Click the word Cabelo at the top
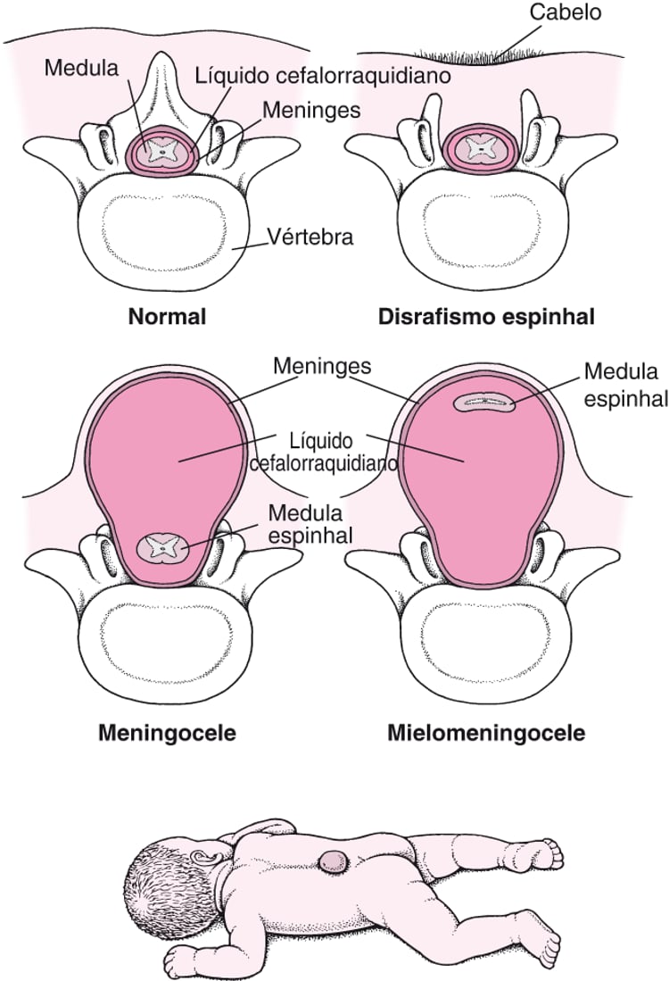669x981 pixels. click(566, 12)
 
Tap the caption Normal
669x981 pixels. click(167, 317)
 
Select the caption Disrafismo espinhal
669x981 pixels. click(486, 317)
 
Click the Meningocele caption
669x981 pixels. click(167, 732)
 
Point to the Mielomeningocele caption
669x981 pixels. click(486, 732)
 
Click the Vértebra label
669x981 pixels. click(310, 237)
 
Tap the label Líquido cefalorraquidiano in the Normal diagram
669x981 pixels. click(323, 76)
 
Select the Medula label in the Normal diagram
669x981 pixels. click(81, 68)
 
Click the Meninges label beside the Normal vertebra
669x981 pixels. click(311, 110)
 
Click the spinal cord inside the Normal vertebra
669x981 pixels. click(162, 151)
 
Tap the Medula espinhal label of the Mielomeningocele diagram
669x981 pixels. click(626, 385)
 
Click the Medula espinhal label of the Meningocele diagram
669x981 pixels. click(310, 524)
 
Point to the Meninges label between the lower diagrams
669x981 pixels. click(322, 366)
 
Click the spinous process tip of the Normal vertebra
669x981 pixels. click(162, 55)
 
